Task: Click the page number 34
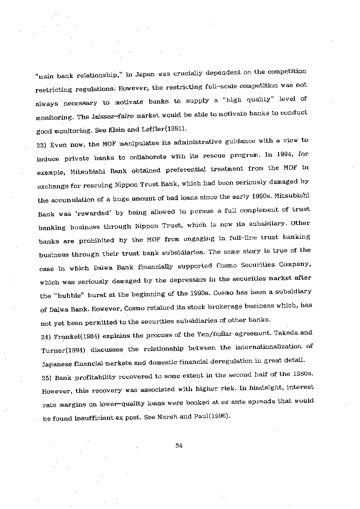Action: pyautogui.click(x=178, y=445)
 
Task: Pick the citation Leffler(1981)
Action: pyautogui.click(x=167, y=129)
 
